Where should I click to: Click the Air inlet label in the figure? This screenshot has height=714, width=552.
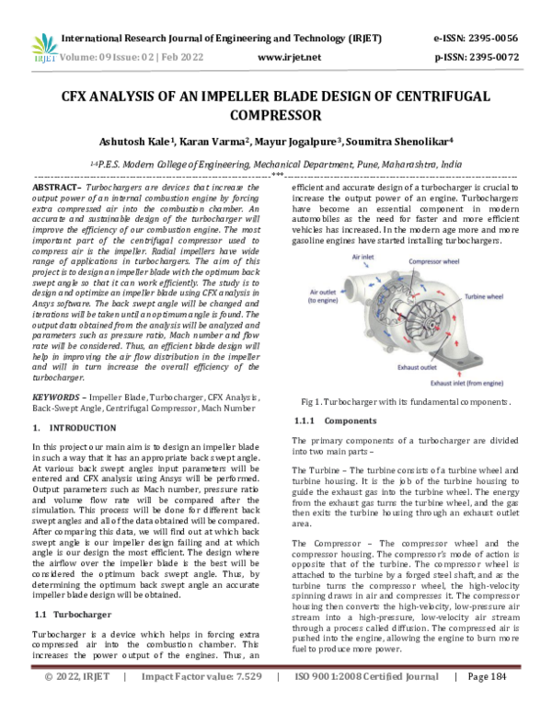pyautogui.click(x=366, y=259)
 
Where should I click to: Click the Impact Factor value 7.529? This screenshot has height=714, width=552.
pyautogui.click(x=196, y=701)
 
